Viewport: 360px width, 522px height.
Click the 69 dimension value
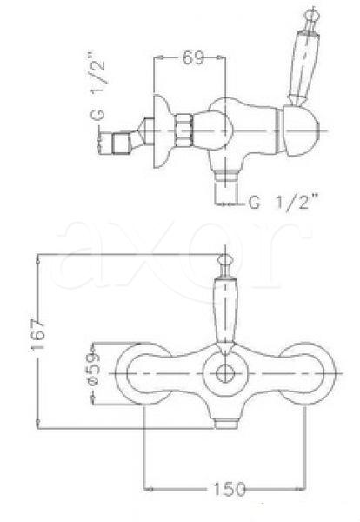pyautogui.click(x=193, y=60)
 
